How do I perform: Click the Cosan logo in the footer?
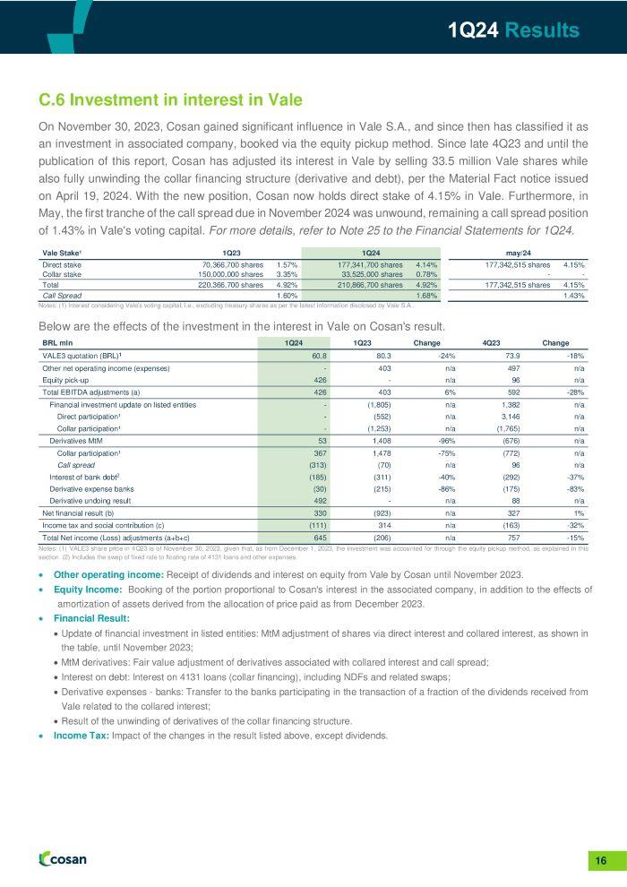pyautogui.click(x=64, y=859)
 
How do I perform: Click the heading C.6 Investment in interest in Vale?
pyautogui.click(x=170, y=99)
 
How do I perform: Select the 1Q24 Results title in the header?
pyautogui.click(x=514, y=30)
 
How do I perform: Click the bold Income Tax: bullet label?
pyautogui.click(x=81, y=736)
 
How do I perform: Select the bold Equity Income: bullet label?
pyautogui.click(x=87, y=590)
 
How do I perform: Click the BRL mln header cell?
pyautogui.click(x=58, y=343)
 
